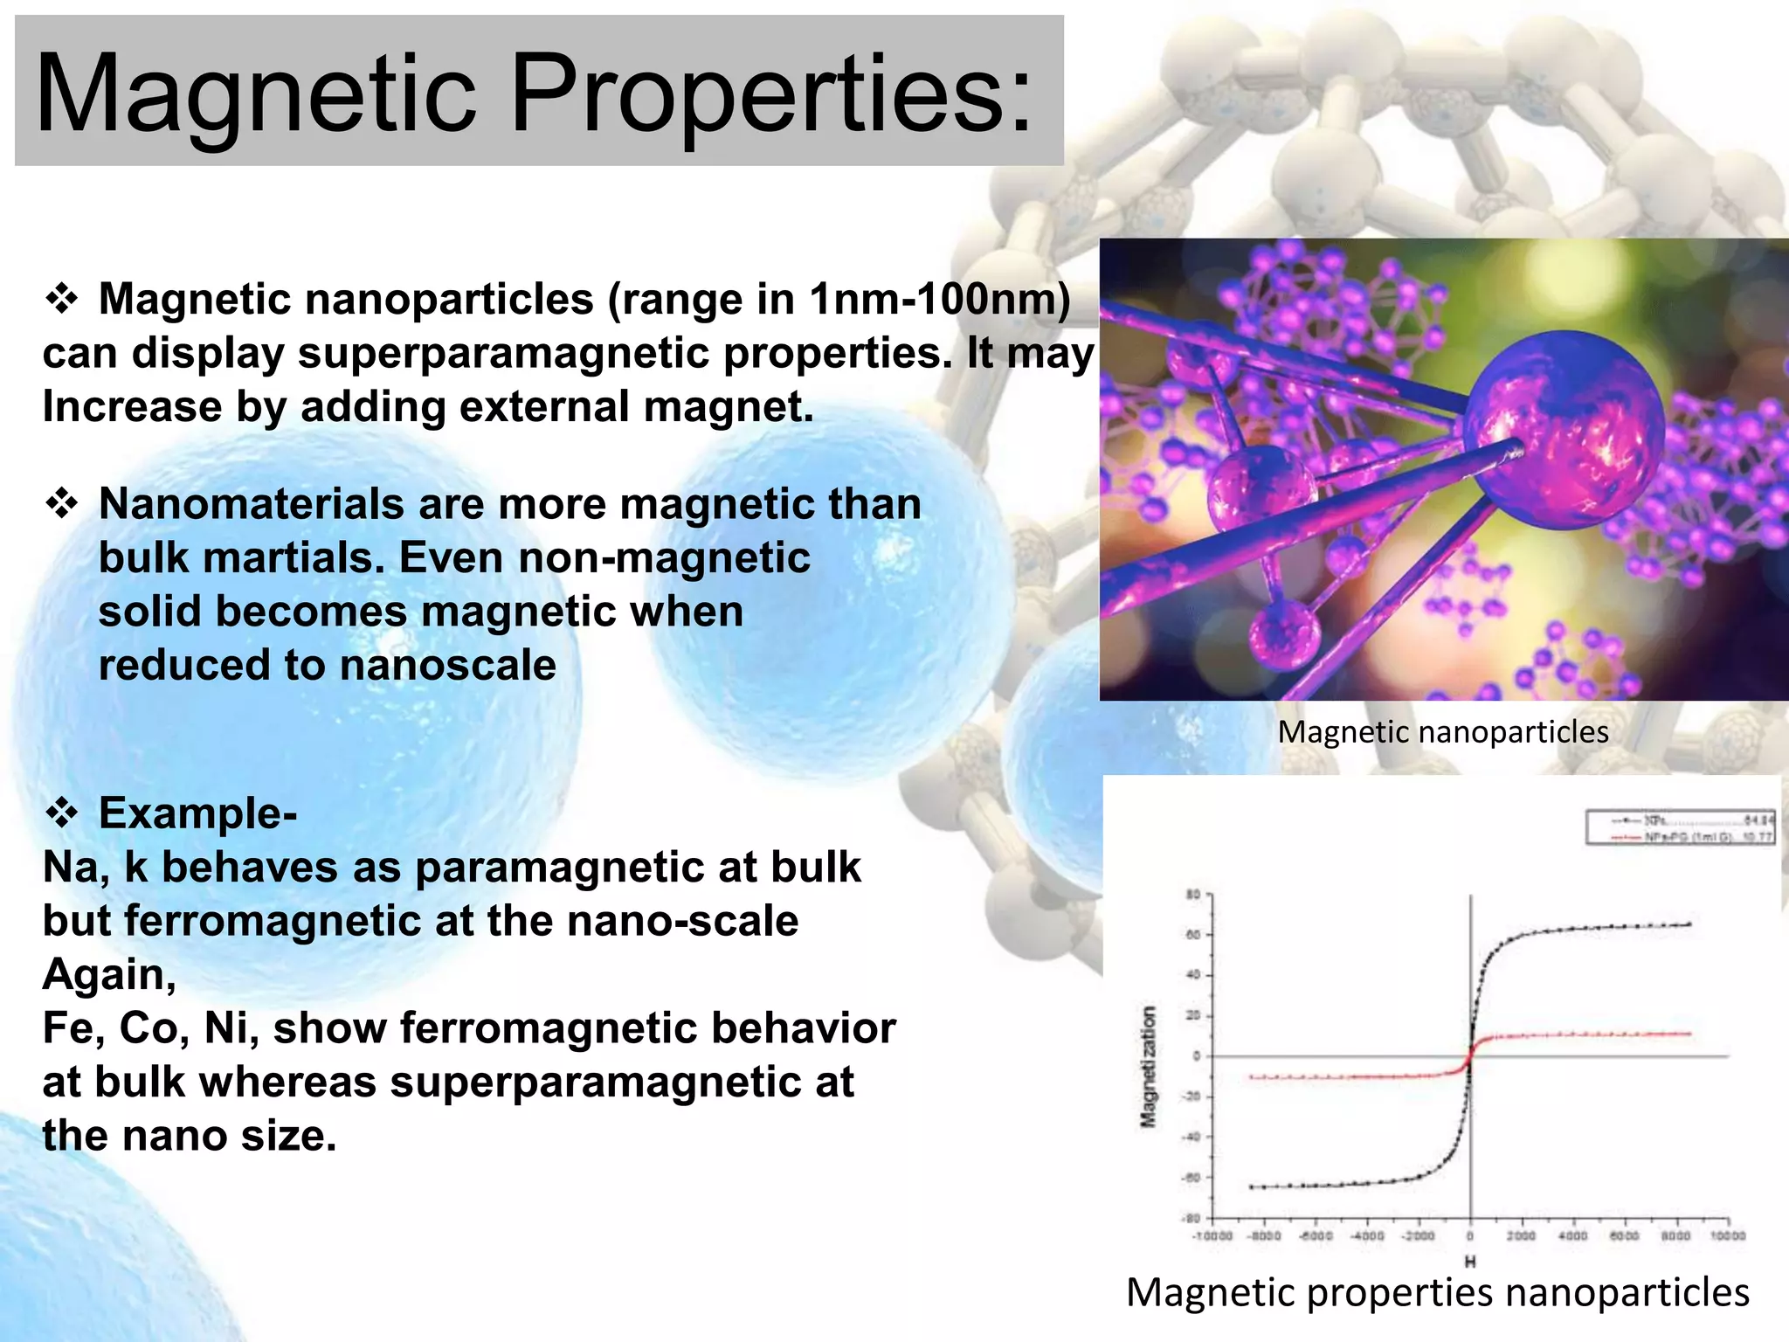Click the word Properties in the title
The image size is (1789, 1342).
pyautogui.click(x=769, y=94)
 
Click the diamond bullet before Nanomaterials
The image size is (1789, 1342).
pyautogui.click(x=62, y=504)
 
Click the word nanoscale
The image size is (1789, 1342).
pyautogui.click(x=447, y=665)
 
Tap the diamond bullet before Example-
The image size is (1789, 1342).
pyautogui.click(x=62, y=813)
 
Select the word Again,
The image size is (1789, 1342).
pyautogui.click(x=109, y=974)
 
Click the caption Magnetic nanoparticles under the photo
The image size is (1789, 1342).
pyautogui.click(x=1442, y=732)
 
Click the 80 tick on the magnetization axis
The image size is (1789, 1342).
pyautogui.click(x=1193, y=894)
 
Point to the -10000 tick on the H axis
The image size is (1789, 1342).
pyautogui.click(x=1212, y=1236)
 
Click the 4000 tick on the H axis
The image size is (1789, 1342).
pyautogui.click(x=1572, y=1236)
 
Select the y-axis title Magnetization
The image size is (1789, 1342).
pyautogui.click(x=1149, y=1066)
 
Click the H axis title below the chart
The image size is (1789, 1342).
pyautogui.click(x=1470, y=1262)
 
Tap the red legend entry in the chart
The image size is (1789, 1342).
pyautogui.click(x=1677, y=837)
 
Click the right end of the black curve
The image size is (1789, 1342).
pyautogui.click(x=1689, y=924)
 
